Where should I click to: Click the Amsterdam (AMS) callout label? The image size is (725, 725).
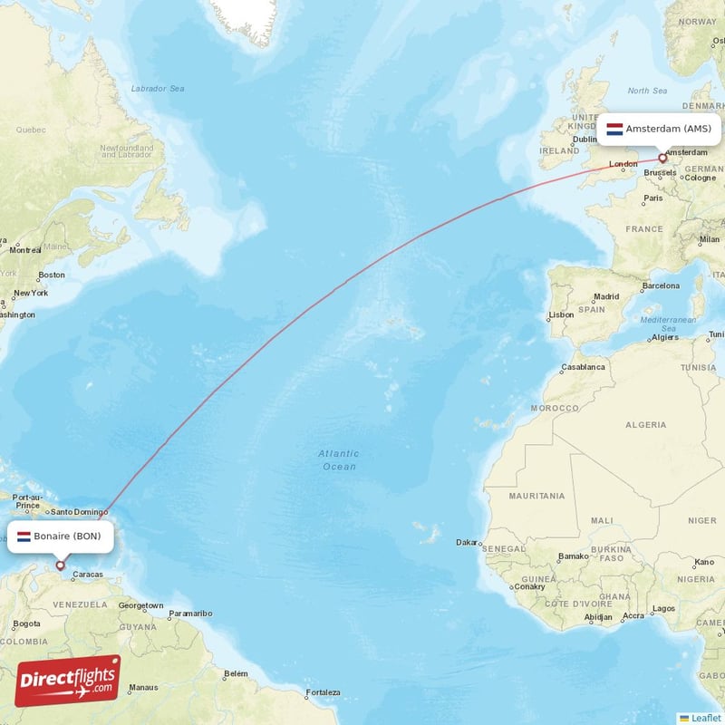(x=659, y=130)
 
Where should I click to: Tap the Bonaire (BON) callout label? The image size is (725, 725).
(x=63, y=536)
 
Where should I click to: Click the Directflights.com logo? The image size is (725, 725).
(x=68, y=680)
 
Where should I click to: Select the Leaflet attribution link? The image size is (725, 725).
(x=705, y=717)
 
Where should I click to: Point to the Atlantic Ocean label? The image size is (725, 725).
(x=339, y=459)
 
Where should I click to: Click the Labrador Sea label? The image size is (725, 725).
(x=158, y=89)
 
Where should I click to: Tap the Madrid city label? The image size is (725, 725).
(x=605, y=296)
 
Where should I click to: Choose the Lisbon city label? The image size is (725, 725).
(x=561, y=314)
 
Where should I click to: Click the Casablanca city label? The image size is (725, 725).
(x=583, y=368)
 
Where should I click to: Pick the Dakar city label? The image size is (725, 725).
(x=467, y=543)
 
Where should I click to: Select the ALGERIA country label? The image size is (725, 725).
(x=646, y=424)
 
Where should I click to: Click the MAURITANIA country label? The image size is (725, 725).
(x=536, y=496)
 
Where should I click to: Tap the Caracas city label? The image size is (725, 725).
(x=87, y=575)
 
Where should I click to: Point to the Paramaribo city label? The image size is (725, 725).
(x=190, y=614)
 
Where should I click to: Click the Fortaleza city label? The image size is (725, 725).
(x=324, y=693)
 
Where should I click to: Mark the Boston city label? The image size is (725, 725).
(x=52, y=275)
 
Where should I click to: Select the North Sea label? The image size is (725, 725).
(x=647, y=91)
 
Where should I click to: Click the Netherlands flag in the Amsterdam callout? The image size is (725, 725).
(x=614, y=130)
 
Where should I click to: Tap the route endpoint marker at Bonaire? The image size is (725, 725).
(x=61, y=565)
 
